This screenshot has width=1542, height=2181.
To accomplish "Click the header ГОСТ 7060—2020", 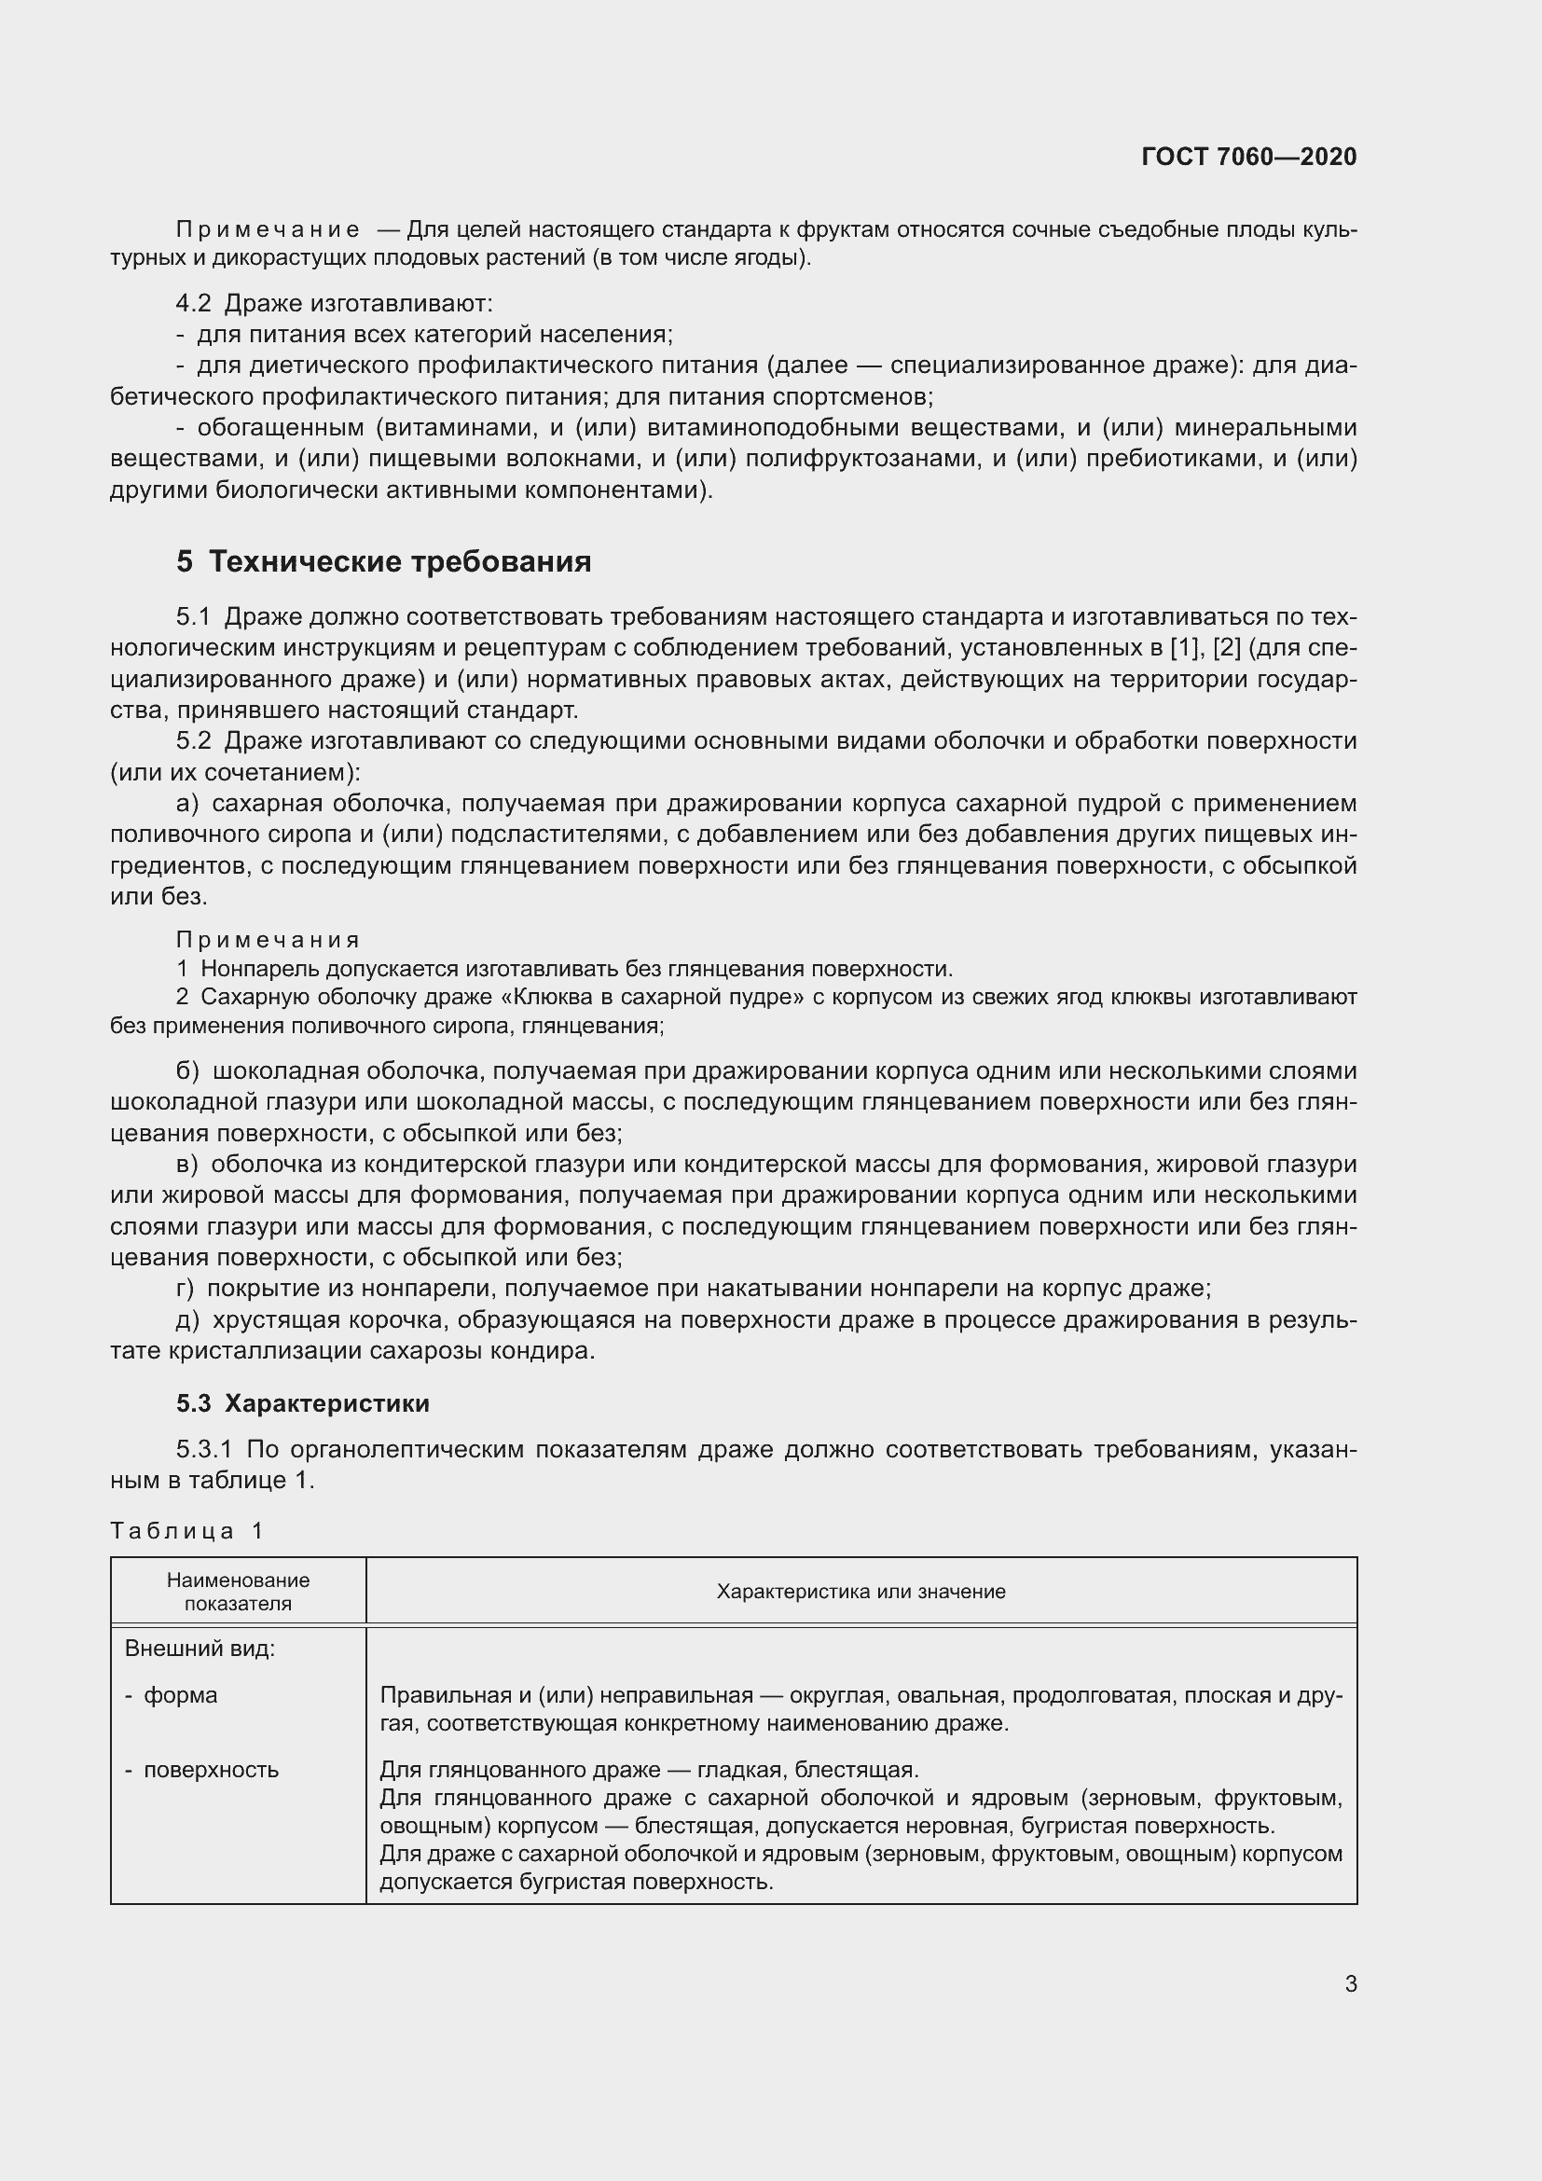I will tap(1248, 157).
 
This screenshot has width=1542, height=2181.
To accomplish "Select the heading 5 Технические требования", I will tap(383, 561).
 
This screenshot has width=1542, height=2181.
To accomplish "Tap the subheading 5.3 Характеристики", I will tap(303, 1403).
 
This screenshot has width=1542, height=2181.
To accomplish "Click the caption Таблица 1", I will tap(187, 1530).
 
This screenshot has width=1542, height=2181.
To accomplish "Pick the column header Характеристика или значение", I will tap(860, 1591).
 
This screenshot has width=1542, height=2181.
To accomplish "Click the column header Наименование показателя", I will tap(239, 1592).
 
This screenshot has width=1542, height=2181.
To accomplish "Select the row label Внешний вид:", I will tap(200, 1648).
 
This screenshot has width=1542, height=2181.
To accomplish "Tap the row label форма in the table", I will tap(181, 1694).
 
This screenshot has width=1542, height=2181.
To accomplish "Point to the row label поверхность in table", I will tap(211, 1770).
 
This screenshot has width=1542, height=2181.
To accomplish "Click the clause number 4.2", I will tap(194, 303).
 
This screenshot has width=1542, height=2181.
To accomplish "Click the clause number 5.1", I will tap(194, 616).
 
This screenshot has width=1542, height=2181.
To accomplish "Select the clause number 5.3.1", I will tap(204, 1450).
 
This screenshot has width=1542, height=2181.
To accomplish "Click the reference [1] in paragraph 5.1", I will tap(1187, 648).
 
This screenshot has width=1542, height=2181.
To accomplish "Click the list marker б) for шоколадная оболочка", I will tap(187, 1070).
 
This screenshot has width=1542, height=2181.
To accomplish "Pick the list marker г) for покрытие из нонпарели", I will tap(186, 1288).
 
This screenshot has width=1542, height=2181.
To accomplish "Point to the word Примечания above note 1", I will tap(268, 940).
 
